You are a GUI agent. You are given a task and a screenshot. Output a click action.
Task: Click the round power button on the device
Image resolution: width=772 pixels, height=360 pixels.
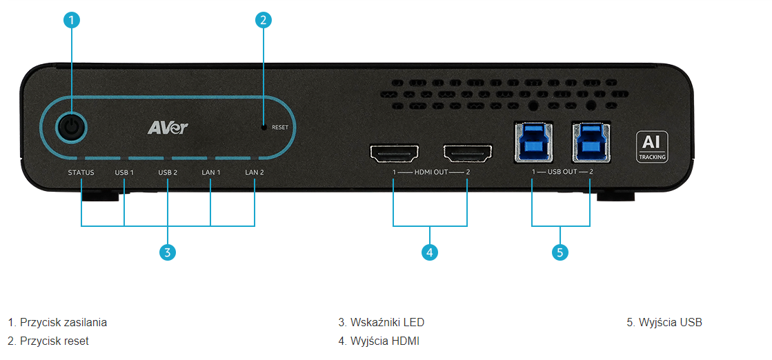click(x=72, y=128)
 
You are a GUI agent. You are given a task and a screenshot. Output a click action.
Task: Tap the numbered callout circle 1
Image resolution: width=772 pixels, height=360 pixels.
click(x=72, y=20)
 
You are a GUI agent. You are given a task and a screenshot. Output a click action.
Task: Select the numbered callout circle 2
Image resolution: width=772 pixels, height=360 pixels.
click(x=264, y=20)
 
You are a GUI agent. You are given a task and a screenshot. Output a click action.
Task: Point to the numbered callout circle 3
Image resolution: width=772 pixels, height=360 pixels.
click(x=168, y=252)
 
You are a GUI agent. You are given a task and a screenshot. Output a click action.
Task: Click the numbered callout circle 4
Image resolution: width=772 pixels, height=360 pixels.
click(x=430, y=252)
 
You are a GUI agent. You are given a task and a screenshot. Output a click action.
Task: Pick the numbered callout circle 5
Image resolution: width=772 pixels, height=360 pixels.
click(x=560, y=252)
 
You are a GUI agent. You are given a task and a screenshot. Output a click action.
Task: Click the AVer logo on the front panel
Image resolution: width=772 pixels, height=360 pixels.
click(x=168, y=128)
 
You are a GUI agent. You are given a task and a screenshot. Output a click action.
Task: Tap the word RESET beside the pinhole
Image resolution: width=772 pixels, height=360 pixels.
click(x=280, y=127)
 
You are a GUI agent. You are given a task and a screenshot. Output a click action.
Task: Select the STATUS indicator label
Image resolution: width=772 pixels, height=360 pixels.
click(x=81, y=173)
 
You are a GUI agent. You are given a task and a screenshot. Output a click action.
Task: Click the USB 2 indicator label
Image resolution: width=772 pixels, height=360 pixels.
click(x=168, y=173)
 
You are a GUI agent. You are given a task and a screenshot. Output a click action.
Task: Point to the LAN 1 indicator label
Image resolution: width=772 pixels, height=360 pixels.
click(x=210, y=173)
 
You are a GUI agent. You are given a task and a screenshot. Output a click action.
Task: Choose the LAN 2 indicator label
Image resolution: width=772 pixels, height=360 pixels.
click(x=255, y=173)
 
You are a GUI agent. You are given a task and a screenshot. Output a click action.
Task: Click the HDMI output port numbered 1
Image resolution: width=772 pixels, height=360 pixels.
click(x=394, y=154)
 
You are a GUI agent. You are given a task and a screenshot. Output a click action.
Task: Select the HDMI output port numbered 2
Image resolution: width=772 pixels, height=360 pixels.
click(x=468, y=154)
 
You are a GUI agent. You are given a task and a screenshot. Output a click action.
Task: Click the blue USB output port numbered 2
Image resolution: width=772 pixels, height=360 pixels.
click(x=591, y=142)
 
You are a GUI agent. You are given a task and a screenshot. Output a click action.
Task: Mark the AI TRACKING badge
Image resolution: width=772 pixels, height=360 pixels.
click(x=653, y=146)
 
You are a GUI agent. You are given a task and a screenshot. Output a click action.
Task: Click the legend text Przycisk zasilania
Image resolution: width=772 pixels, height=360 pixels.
click(x=57, y=323)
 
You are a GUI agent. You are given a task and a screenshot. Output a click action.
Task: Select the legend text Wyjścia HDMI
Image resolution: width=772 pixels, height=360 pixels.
click(x=379, y=341)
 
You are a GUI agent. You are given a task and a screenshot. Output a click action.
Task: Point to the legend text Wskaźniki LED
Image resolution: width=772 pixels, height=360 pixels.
click(x=381, y=323)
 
